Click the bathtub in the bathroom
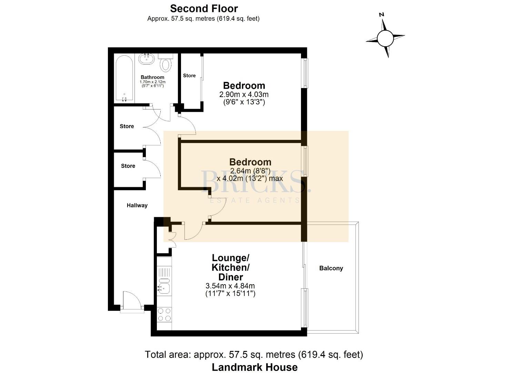tap(124, 78)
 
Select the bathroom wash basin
tap(147, 59)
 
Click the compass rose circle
tap(385, 38)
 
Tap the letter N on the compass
tap(381, 15)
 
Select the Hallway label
tap(137, 205)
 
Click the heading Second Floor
tap(204, 9)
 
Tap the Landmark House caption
tap(255, 367)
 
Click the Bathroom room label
tap(152, 77)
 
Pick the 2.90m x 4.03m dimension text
tap(244, 94)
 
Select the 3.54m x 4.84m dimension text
tap(230, 286)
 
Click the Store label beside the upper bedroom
tap(189, 76)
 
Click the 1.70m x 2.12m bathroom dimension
tap(152, 82)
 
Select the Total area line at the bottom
tap(254, 355)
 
